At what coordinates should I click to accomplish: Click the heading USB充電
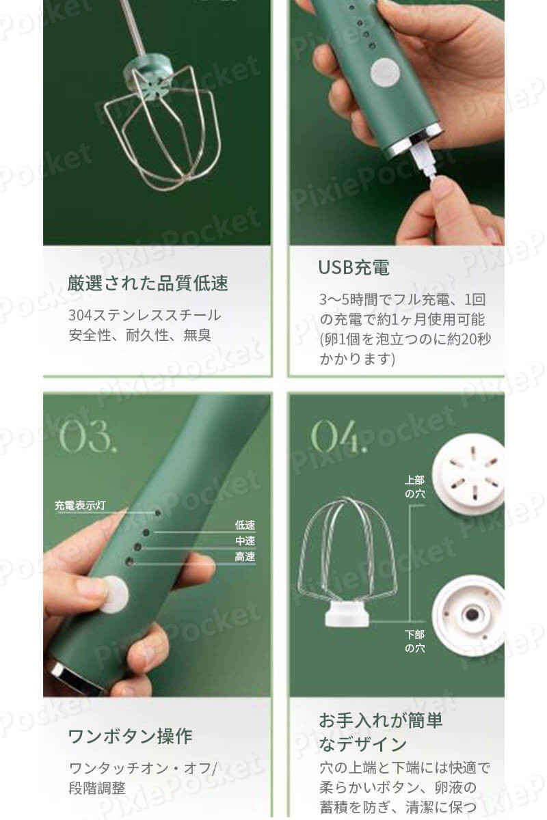tap(353, 267)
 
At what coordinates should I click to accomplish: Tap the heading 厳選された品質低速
tap(148, 284)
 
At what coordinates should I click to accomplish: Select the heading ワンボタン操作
tap(131, 736)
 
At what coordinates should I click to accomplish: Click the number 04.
tap(338, 436)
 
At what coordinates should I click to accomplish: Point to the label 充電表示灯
tap(80, 506)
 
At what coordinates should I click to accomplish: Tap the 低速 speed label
tap(245, 525)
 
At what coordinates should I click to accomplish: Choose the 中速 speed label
tap(245, 541)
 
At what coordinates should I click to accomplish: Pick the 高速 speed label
tap(245, 556)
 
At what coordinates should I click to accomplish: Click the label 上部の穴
tap(415, 487)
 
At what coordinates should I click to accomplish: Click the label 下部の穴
tap(415, 641)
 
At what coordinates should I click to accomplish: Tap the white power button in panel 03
tap(115, 594)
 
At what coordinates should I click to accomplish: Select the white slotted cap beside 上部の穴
tap(468, 474)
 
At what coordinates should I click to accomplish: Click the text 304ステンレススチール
tap(145, 315)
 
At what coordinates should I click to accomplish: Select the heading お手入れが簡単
tap(381, 720)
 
